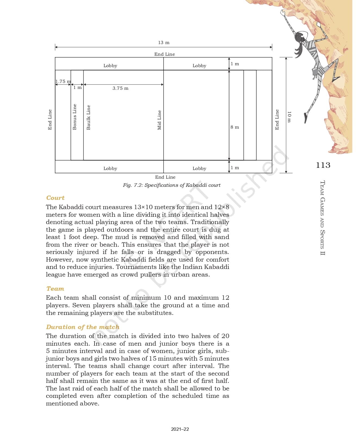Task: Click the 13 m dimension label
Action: coord(164,43)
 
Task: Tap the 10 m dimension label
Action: coord(289,117)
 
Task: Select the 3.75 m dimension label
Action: coord(120,88)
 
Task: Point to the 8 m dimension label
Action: coord(235,127)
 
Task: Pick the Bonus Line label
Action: coord(75,117)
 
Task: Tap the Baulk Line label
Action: coord(88,117)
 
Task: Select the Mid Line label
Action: coord(159,120)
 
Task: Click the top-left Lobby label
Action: coord(110,66)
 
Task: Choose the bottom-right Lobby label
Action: coord(199,169)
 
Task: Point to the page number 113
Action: coord(323,165)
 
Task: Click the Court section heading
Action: coord(55,198)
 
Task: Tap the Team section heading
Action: coord(55,289)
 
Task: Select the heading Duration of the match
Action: coord(83,327)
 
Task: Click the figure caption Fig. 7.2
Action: coord(171,185)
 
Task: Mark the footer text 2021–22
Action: coord(180,429)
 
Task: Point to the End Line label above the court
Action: coord(164,54)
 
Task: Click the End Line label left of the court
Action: coord(50,119)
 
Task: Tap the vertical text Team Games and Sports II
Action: coord(323,218)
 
